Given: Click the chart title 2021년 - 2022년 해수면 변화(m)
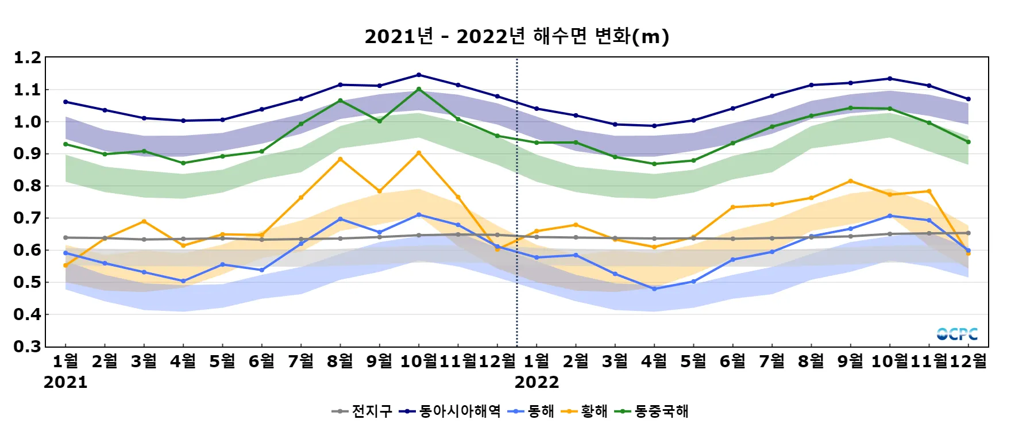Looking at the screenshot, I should coord(516,37).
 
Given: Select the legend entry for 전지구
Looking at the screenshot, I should coord(363,411).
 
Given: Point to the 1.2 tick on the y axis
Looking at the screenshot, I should coord(28,57).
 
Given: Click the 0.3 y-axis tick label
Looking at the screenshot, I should coord(28,347).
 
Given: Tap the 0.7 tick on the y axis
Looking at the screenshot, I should coord(28,218).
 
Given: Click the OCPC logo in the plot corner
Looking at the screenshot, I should coord(957,334).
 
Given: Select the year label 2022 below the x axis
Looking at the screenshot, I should coord(537,382).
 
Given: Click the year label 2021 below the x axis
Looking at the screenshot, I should coord(65,382).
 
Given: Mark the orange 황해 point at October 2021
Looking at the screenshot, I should coord(419,153).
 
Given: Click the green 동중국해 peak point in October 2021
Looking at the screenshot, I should coord(419,89).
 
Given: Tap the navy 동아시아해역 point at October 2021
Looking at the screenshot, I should coord(419,75).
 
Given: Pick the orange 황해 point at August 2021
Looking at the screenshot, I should coord(340,159).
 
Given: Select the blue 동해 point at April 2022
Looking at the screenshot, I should coord(654,289).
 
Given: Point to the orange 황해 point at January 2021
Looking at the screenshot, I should coord(65,265).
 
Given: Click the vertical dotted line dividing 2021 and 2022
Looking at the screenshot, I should coord(517,201).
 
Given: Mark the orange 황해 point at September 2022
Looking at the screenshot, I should coord(851,181).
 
